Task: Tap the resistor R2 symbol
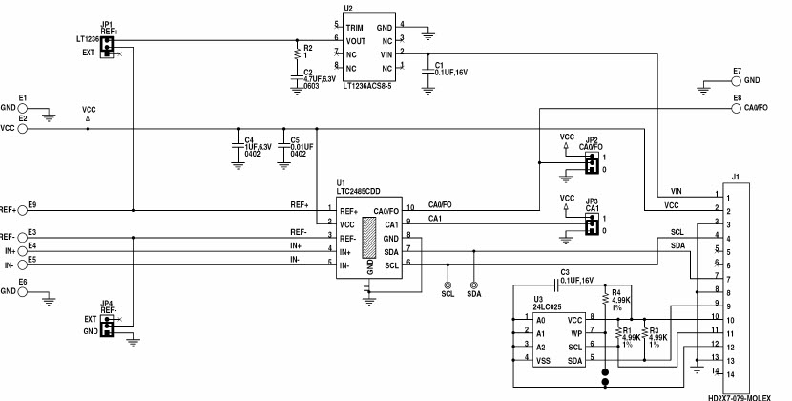pos(296,54)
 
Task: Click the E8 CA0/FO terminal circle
pos(738,107)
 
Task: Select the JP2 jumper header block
pos(592,163)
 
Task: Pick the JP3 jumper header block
pos(592,225)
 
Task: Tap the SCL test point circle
pos(447,284)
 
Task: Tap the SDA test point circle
pos(473,284)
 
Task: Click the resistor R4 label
pos(616,291)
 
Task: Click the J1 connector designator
pos(735,177)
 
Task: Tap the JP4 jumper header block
pos(108,327)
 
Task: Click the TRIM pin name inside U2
pos(354,27)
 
